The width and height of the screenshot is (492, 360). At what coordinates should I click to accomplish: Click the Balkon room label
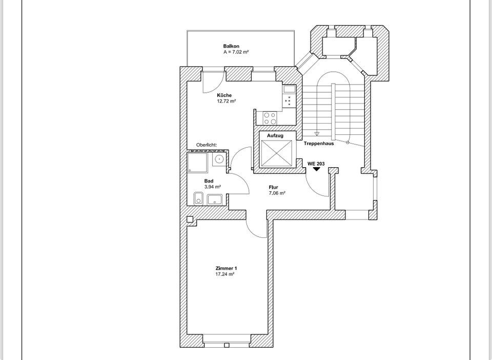point(231,46)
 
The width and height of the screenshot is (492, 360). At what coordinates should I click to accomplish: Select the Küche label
point(224,95)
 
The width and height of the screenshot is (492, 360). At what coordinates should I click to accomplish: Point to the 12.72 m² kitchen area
point(226,101)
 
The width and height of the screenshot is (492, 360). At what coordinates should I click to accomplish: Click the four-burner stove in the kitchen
point(270,118)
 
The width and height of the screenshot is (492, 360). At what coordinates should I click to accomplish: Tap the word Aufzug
point(275,135)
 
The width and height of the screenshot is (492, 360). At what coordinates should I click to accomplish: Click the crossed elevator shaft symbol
point(276,153)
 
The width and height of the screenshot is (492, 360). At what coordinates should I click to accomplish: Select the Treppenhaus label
point(319,144)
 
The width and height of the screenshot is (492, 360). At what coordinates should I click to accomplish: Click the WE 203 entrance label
point(316,164)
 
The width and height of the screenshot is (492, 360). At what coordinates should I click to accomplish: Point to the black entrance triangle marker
point(317,169)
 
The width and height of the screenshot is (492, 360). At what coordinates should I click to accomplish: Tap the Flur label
point(273,187)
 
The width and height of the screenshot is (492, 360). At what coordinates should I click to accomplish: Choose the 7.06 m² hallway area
point(277,193)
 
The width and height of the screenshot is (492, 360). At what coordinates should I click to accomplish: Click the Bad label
point(209,181)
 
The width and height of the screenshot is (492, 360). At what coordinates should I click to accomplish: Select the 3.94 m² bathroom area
point(212,187)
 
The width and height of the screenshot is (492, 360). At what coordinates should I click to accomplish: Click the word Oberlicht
point(206,145)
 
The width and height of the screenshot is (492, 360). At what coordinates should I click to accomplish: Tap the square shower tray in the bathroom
point(197,162)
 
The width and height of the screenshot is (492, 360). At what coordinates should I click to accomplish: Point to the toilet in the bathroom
point(198,198)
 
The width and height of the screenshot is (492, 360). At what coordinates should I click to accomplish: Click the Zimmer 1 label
point(226,268)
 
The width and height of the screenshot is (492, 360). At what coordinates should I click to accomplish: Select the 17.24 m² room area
point(225,274)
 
